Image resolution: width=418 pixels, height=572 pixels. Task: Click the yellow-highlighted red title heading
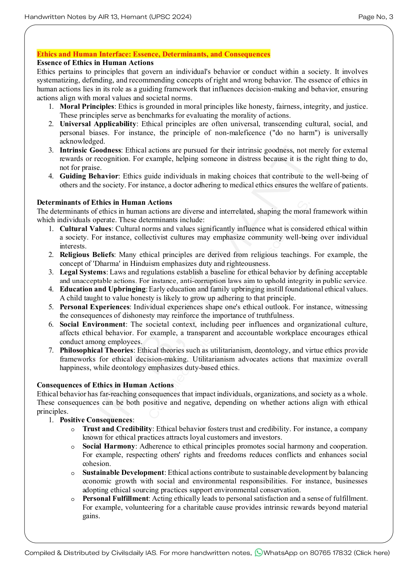pos(153,54)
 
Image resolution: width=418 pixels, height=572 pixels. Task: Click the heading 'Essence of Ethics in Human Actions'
pos(95,63)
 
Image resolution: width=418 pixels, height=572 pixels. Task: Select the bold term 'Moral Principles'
pos(87,106)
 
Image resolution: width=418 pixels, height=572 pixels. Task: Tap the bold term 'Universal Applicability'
pos(98,124)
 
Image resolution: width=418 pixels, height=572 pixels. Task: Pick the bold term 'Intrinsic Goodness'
pos(90,150)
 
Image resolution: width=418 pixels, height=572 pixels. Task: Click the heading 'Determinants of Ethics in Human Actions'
pos(104,202)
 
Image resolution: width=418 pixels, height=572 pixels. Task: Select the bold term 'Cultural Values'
pos(85,229)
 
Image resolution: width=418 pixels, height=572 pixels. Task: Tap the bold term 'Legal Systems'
pos(83,272)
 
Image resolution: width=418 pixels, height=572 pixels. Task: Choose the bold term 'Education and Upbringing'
pos(103,289)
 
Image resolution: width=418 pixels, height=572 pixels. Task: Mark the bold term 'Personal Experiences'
pos(95,307)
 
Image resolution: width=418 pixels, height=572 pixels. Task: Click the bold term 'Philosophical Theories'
pos(96,350)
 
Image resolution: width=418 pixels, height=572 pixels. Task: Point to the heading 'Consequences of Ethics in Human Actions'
pos(105,385)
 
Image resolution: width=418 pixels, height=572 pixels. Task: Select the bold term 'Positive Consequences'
pos(96,420)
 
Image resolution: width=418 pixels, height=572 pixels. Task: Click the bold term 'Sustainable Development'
pos(123,473)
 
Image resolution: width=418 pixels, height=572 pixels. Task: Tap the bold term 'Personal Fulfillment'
pos(115,498)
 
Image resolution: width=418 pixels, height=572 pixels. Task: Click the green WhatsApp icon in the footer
pos(258,553)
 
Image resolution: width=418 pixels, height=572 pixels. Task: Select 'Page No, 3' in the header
pos(375,17)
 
